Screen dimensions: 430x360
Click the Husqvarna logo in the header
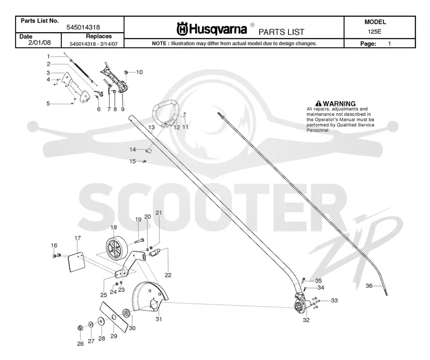pyautogui.click(x=212, y=29)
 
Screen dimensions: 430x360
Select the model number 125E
pyautogui.click(x=374, y=32)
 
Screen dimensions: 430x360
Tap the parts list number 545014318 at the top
pyautogui.click(x=83, y=27)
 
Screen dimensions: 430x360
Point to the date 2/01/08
pyautogui.click(x=39, y=42)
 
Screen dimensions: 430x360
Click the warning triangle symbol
pyautogui.click(x=318, y=103)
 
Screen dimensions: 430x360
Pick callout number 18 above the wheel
pyautogui.click(x=113, y=227)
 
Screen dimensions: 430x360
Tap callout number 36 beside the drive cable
pyautogui.click(x=369, y=286)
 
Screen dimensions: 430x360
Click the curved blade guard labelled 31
pyautogui.click(x=149, y=298)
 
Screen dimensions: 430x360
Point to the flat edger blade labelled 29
pyautogui.click(x=114, y=317)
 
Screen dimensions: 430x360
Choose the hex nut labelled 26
pyautogui.click(x=80, y=327)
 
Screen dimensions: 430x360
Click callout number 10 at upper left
pyautogui.click(x=139, y=72)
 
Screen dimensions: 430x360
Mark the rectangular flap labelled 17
pyautogui.click(x=76, y=262)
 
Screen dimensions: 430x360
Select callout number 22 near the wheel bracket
pyautogui.click(x=168, y=275)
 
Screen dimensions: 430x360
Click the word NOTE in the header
pyautogui.click(x=159, y=44)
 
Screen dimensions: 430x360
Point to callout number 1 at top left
pyautogui.click(x=48, y=56)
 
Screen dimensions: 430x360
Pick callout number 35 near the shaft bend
pyautogui.click(x=318, y=280)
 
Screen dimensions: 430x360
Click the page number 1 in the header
pyautogui.click(x=389, y=44)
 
